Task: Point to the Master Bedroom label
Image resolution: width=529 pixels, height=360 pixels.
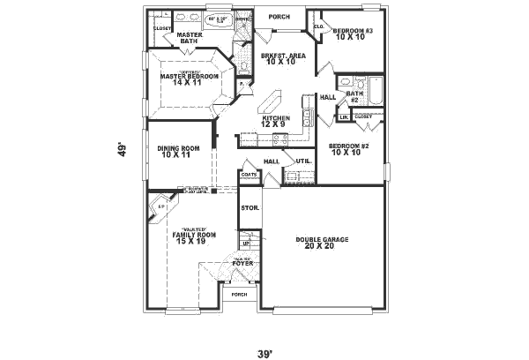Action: click(x=189, y=78)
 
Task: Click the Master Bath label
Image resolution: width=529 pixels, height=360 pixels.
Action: click(x=190, y=37)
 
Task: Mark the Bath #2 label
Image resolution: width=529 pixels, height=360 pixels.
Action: click(x=354, y=96)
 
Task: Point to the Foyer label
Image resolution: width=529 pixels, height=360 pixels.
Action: click(x=243, y=262)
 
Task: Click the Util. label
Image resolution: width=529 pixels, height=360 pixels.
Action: click(x=302, y=161)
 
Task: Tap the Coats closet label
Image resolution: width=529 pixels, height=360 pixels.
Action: click(x=249, y=175)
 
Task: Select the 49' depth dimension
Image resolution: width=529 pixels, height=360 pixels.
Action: click(x=123, y=150)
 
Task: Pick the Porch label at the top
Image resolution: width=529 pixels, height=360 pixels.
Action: click(x=279, y=16)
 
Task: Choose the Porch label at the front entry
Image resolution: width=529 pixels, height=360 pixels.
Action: click(x=239, y=295)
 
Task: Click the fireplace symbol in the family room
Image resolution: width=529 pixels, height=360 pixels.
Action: click(x=161, y=209)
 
